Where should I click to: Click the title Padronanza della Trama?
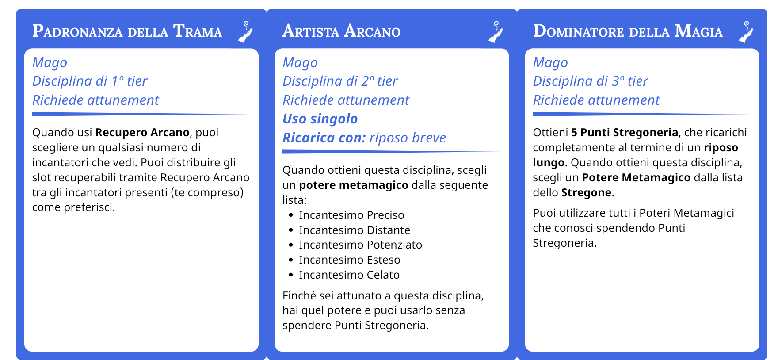pos(127,31)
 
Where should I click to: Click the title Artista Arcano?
pos(341,31)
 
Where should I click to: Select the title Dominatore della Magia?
pos(628,31)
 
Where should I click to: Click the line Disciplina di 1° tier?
pos(90,81)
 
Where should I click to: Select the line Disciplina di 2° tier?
pos(340,81)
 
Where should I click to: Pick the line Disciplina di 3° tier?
pos(590,81)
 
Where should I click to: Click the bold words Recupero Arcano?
pos(142,133)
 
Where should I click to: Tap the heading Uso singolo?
pos(320,119)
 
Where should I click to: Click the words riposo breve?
pos(408,138)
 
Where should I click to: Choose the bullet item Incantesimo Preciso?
pos(351,215)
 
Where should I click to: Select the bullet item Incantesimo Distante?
pos(355,230)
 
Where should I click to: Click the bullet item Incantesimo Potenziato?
pos(360,245)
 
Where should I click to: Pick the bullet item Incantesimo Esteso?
pos(349,260)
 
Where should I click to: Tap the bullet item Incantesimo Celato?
pos(349,275)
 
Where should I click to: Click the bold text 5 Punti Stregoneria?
pos(625,133)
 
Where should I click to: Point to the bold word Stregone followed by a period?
pos(586,193)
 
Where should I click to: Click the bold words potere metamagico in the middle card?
pos(354,185)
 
